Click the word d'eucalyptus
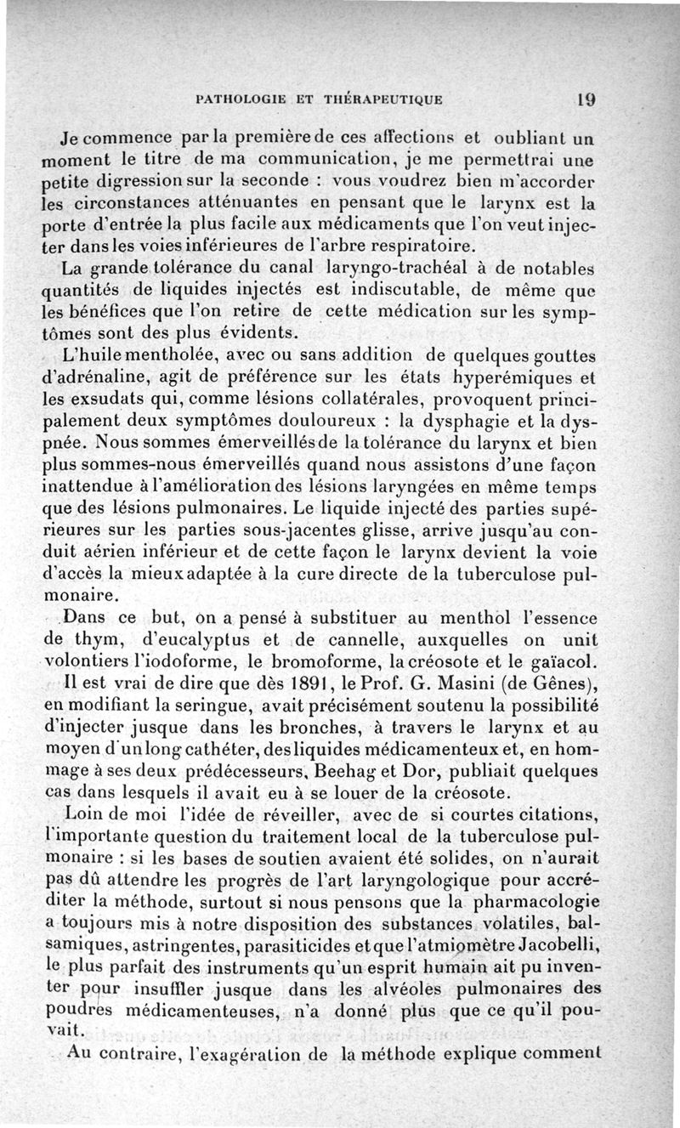[x=153, y=639]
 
